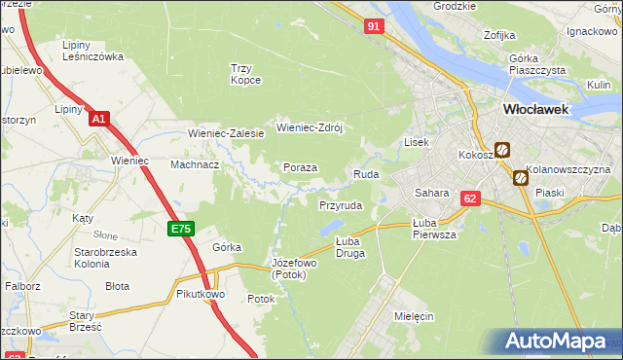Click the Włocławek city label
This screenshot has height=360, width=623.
pyautogui.click(x=535, y=110)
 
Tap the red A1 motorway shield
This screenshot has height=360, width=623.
pyautogui.click(x=98, y=119)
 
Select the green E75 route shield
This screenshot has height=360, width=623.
pyautogui.click(x=181, y=229)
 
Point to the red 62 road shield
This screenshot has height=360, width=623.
pyautogui.click(x=470, y=198)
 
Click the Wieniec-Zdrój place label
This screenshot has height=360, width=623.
pyautogui.click(x=311, y=127)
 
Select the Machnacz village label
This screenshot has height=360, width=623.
pyautogui.click(x=195, y=165)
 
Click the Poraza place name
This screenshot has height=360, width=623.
pyautogui.click(x=300, y=167)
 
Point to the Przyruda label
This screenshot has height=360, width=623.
pyautogui.click(x=341, y=206)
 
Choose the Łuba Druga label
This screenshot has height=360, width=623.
pyautogui.click(x=349, y=247)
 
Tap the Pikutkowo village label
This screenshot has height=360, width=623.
pyautogui.click(x=201, y=293)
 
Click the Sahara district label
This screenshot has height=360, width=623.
pyautogui.click(x=431, y=193)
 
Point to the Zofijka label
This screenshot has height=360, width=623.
pyautogui.click(x=498, y=35)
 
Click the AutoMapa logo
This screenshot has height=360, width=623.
pyautogui.click(x=558, y=342)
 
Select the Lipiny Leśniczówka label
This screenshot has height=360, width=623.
pyautogui.click(x=92, y=51)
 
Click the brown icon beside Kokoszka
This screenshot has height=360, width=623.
pyautogui.click(x=502, y=150)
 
